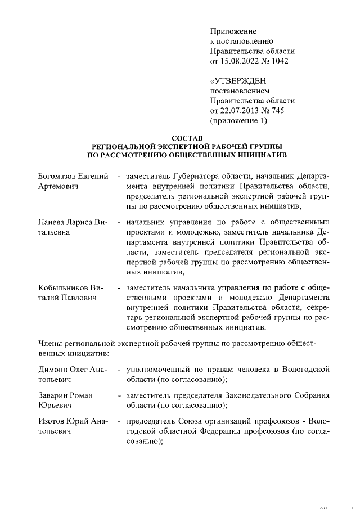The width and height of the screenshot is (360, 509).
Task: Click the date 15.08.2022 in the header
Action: point(240,61)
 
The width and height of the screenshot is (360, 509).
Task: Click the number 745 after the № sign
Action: point(277,111)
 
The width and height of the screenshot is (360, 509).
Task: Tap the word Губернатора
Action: point(196,177)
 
